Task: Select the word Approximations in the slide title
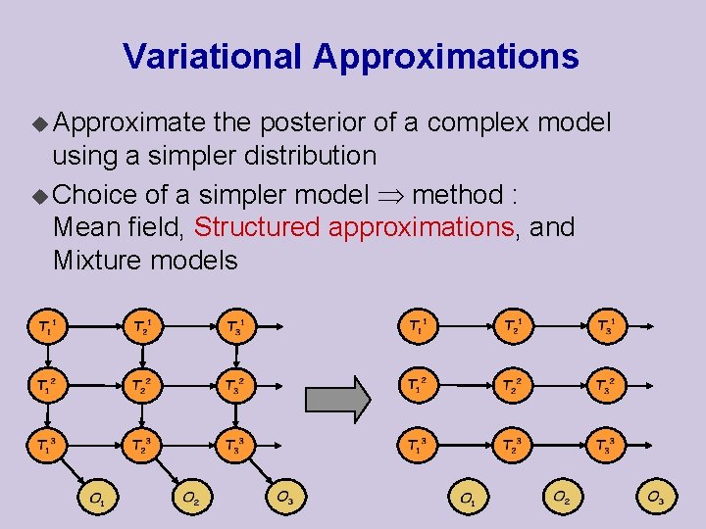click(x=446, y=57)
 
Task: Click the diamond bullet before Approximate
click(x=40, y=123)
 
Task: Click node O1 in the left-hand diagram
click(x=98, y=499)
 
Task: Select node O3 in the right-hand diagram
click(x=654, y=499)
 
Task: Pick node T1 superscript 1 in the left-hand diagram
click(x=46, y=325)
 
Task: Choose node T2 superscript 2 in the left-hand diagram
click(x=141, y=387)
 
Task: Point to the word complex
click(x=477, y=123)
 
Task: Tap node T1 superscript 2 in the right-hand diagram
click(x=416, y=387)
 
